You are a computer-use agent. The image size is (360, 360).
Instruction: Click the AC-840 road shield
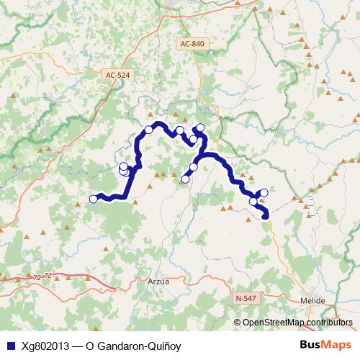coord(193,44)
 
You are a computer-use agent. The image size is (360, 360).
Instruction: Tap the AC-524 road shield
coord(118,74)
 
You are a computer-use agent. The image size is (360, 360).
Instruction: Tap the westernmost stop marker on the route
coord(93,199)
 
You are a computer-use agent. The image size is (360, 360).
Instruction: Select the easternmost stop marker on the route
coord(264,192)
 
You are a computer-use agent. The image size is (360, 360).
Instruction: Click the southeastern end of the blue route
coord(266,215)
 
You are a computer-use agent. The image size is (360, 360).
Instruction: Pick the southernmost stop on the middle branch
coord(185,179)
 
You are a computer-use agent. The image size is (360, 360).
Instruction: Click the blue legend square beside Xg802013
coord(8,346)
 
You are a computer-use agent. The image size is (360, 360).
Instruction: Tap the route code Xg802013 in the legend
coord(47,346)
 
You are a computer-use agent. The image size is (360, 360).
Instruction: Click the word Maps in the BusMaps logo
coord(336,345)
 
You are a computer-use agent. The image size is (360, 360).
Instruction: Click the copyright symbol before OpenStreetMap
coord(238,323)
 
